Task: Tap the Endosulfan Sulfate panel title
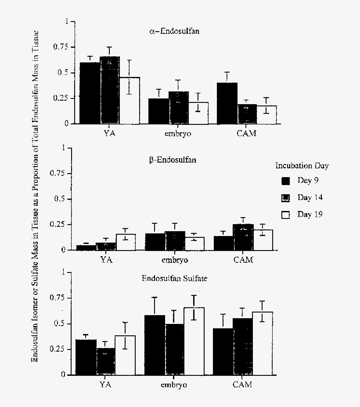pyautogui.click(x=175, y=278)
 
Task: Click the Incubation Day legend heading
pyautogui.click(x=302, y=166)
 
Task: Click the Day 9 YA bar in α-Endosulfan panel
pyautogui.click(x=90, y=93)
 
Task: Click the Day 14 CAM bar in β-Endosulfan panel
pyautogui.click(x=243, y=237)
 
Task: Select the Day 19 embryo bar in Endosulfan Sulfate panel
pyautogui.click(x=194, y=341)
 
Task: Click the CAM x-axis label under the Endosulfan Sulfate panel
pyautogui.click(x=242, y=385)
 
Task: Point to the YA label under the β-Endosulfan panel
pyautogui.click(x=106, y=260)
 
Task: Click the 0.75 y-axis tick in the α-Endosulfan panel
pyautogui.click(x=61, y=47)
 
